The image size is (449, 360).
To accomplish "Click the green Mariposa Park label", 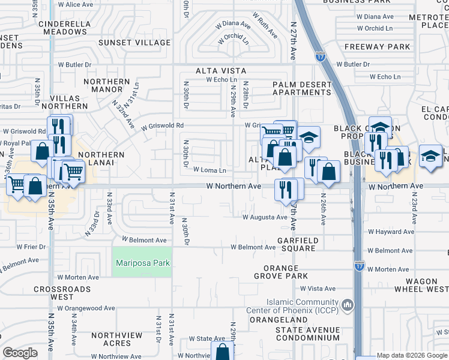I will [x=142, y=263].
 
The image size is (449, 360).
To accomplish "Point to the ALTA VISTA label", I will [x=220, y=71].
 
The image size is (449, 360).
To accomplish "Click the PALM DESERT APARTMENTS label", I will [x=301, y=88].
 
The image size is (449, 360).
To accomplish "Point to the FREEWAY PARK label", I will [x=378, y=46].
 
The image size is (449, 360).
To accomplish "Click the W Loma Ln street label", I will [x=209, y=170].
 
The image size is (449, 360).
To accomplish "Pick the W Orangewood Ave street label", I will [x=86, y=308].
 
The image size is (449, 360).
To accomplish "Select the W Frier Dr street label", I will [x=22, y=247].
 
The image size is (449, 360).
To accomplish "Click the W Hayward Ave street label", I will [x=391, y=232].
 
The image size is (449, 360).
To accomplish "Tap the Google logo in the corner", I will [x=20, y=353].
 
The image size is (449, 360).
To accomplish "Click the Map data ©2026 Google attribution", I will [x=412, y=356].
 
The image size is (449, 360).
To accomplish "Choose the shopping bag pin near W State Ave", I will [x=222, y=352].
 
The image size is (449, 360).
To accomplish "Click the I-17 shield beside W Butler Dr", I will [x=320, y=56].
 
